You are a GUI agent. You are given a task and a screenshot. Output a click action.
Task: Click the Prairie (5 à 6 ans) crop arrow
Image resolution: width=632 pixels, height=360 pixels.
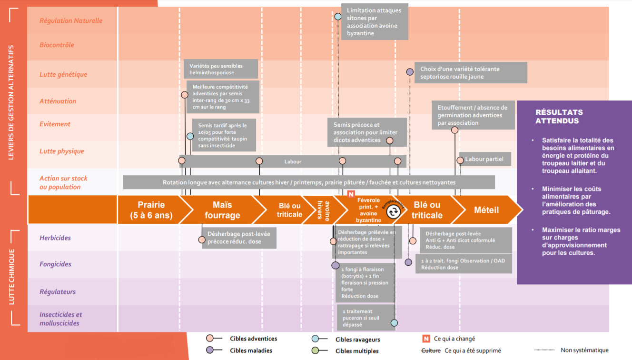pos(152,210)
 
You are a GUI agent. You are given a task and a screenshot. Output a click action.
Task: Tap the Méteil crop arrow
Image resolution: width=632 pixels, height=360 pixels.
pos(486,210)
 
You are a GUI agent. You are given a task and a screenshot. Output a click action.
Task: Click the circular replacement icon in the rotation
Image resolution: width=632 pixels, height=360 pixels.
pos(393,212)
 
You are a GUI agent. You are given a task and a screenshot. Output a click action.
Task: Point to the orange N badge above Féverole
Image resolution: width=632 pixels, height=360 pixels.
pos(351,194)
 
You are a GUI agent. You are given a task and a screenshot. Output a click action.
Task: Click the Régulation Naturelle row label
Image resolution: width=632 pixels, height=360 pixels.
pos(71,20)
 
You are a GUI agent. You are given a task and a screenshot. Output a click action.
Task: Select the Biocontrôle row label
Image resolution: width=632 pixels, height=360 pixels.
pos(57,45)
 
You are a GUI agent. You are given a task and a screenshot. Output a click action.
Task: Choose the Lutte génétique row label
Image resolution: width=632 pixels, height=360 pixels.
pos(63,75)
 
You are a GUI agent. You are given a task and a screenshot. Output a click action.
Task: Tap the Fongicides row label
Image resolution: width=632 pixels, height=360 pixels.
pos(55,264)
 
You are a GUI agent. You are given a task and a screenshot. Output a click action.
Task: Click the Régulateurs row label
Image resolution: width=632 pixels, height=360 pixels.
pos(58,292)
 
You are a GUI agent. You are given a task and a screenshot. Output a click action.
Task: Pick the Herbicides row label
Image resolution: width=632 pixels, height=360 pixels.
pos(55,238)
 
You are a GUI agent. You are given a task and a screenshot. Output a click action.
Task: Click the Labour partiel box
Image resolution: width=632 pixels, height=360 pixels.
pos(485,159)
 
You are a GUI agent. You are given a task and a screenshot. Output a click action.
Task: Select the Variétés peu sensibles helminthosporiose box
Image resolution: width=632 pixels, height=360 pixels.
pos(221,69)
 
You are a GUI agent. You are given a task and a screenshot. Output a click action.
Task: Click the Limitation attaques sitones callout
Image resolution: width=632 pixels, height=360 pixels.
pos(375,22)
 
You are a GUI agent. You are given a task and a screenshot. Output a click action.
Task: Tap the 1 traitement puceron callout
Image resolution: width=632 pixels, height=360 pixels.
pos(366,318)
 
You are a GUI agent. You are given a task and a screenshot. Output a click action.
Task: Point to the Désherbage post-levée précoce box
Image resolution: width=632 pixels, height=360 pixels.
pos(239,238)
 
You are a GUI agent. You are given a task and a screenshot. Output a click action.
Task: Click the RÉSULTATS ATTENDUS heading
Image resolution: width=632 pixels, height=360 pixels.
pos(559,117)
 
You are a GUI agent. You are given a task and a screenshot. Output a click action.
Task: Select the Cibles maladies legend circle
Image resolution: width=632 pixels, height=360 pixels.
pos(209,350)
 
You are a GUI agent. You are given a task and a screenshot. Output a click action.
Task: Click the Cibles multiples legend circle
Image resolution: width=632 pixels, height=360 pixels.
pos(315,350)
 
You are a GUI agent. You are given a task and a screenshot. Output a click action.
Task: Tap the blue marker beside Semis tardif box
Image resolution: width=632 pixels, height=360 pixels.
pos(190,136)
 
